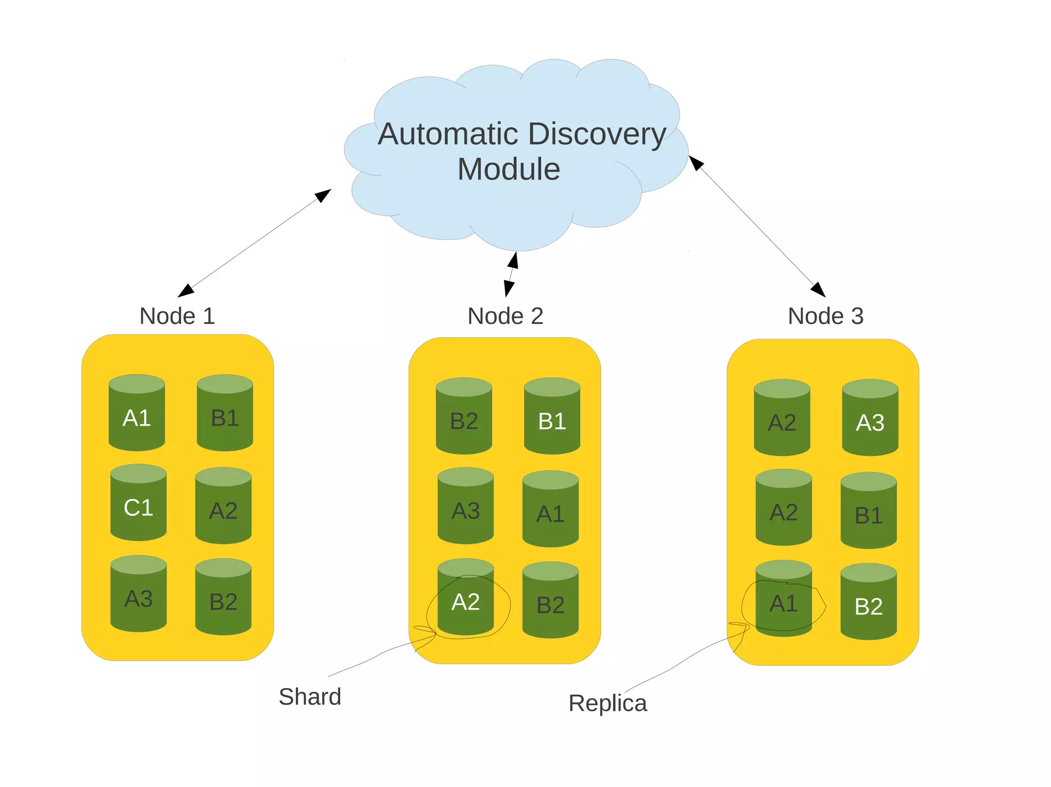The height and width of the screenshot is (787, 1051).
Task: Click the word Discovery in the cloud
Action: point(596,134)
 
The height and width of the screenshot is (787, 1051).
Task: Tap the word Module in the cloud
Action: point(509,169)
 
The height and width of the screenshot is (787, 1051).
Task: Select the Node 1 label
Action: point(177,316)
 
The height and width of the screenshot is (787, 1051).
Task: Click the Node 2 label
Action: point(505,316)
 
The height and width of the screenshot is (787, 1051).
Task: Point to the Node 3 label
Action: point(825,316)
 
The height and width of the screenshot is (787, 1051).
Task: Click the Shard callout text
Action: point(309,697)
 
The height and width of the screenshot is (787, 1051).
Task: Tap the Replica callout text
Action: point(608,703)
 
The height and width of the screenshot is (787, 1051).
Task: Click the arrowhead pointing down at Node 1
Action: point(186,291)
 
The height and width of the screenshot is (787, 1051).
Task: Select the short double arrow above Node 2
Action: point(511,274)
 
